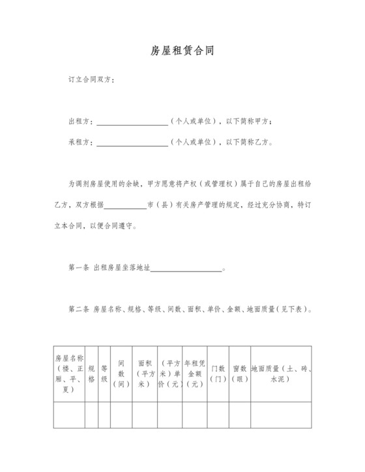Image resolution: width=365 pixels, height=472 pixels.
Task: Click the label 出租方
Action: (x=80, y=122)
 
